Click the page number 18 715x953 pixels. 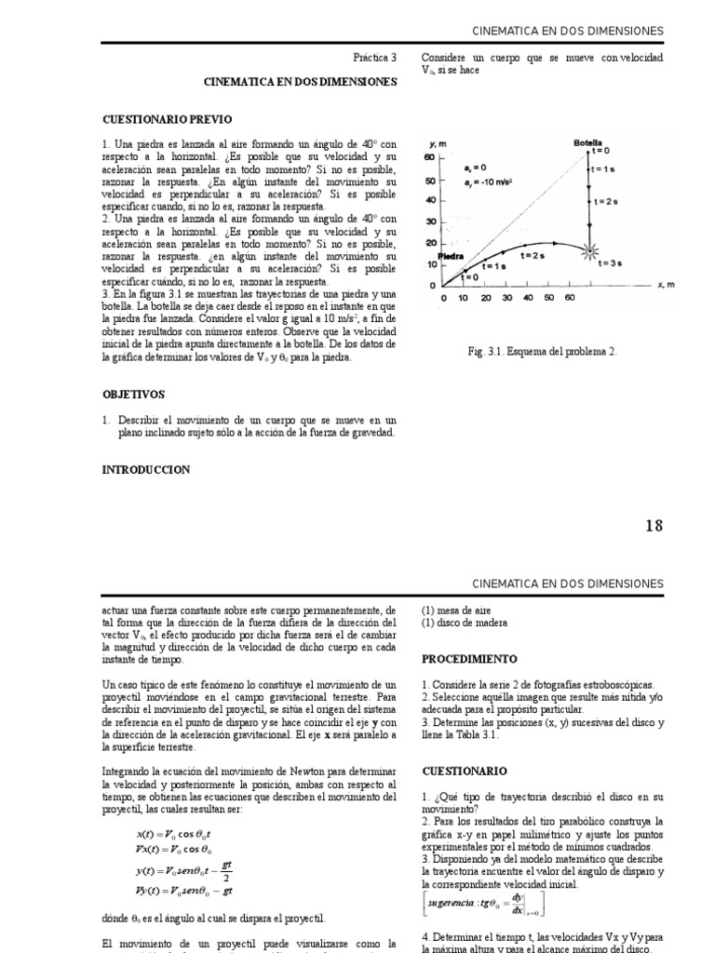pyautogui.click(x=654, y=526)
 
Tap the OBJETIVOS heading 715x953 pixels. pyautogui.click(x=134, y=395)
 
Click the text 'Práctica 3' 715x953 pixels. pyautogui.click(x=374, y=58)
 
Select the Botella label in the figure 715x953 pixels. pyautogui.click(x=587, y=143)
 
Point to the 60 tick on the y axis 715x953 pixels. pyautogui.click(x=430, y=158)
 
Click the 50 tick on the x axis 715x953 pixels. pyautogui.click(x=549, y=298)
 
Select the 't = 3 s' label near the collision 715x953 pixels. pyautogui.click(x=610, y=263)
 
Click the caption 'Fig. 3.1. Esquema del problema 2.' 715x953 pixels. pyautogui.click(x=542, y=352)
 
